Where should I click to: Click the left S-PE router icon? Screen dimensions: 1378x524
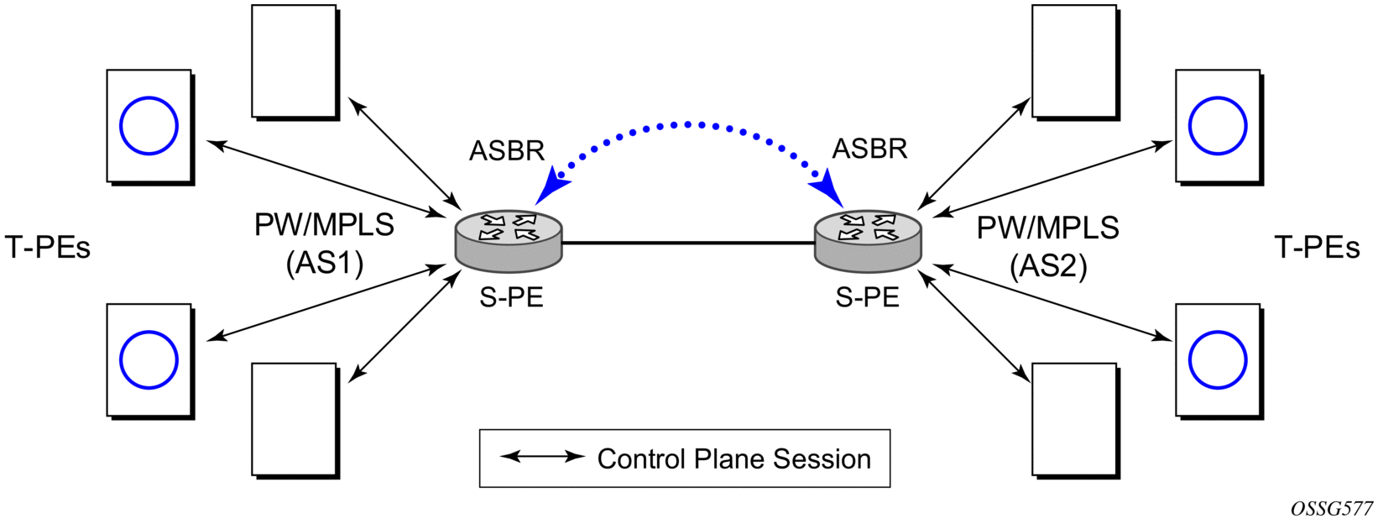tap(508, 241)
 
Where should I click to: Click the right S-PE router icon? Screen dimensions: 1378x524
tap(868, 241)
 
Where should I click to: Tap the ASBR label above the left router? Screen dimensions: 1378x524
tap(507, 150)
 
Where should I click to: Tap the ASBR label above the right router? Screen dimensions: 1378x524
tap(870, 149)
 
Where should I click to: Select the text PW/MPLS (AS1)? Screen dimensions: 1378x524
tap(324, 244)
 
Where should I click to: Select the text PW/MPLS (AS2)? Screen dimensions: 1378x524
tap(1048, 248)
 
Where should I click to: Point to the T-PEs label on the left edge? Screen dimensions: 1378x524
tap(47, 248)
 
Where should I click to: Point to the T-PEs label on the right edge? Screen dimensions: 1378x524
tap(1317, 248)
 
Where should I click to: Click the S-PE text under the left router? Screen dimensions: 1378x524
tap(511, 297)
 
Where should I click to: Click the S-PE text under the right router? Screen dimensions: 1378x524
tap(868, 297)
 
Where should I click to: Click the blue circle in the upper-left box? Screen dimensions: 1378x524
tap(149, 97)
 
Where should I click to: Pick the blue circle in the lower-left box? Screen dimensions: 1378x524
tap(149, 331)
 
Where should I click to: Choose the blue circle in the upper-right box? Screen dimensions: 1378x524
tap(1218, 97)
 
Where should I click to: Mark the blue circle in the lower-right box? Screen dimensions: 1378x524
tap(1218, 331)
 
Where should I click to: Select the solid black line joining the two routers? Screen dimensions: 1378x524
tap(688, 244)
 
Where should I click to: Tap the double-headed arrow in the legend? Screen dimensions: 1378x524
tap(542, 457)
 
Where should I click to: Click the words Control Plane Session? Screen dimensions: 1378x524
tap(734, 458)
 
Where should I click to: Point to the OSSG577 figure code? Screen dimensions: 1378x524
tap(1338, 509)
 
